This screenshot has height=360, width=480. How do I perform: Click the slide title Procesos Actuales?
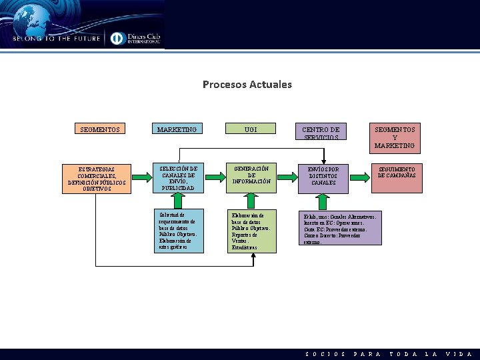[247, 85]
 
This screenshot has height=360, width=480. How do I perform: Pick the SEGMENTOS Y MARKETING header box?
[394, 137]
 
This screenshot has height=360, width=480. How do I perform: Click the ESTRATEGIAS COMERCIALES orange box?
[97, 179]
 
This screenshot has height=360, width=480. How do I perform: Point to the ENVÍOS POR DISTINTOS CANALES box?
[323, 178]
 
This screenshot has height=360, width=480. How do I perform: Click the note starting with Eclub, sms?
[341, 229]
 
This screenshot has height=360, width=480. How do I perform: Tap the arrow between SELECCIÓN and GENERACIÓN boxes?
[215, 177]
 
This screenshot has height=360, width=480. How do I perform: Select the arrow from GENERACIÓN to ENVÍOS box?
[287, 177]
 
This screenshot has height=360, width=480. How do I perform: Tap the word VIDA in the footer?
[459, 354]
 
